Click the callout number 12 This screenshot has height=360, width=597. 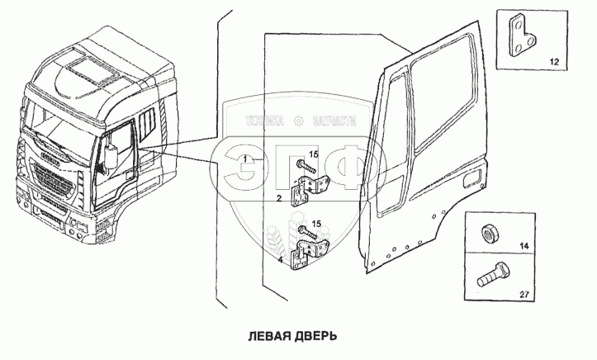tap(552, 62)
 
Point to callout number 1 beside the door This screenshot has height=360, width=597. tap(248, 156)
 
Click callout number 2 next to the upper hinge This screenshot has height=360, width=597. tap(279, 198)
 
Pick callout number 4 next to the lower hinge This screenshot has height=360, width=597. tap(281, 260)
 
